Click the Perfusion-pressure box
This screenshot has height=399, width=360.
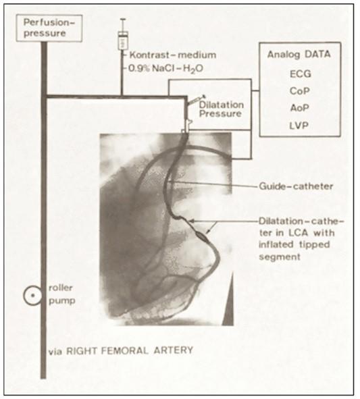49,28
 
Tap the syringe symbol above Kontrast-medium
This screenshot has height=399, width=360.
123,34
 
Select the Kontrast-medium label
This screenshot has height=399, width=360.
173,55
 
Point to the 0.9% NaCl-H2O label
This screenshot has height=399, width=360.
165,69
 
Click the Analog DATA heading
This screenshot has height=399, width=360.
299,55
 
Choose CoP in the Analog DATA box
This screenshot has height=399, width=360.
300,91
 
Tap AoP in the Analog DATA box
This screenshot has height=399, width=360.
300,108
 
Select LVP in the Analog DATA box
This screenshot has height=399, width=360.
299,126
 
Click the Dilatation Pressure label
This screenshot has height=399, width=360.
221,109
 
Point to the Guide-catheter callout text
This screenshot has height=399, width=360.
296,186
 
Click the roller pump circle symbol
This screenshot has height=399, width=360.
32,296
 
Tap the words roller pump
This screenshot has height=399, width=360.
62,294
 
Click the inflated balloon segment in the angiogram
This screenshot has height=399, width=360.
202,236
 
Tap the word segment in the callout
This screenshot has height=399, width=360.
280,257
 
